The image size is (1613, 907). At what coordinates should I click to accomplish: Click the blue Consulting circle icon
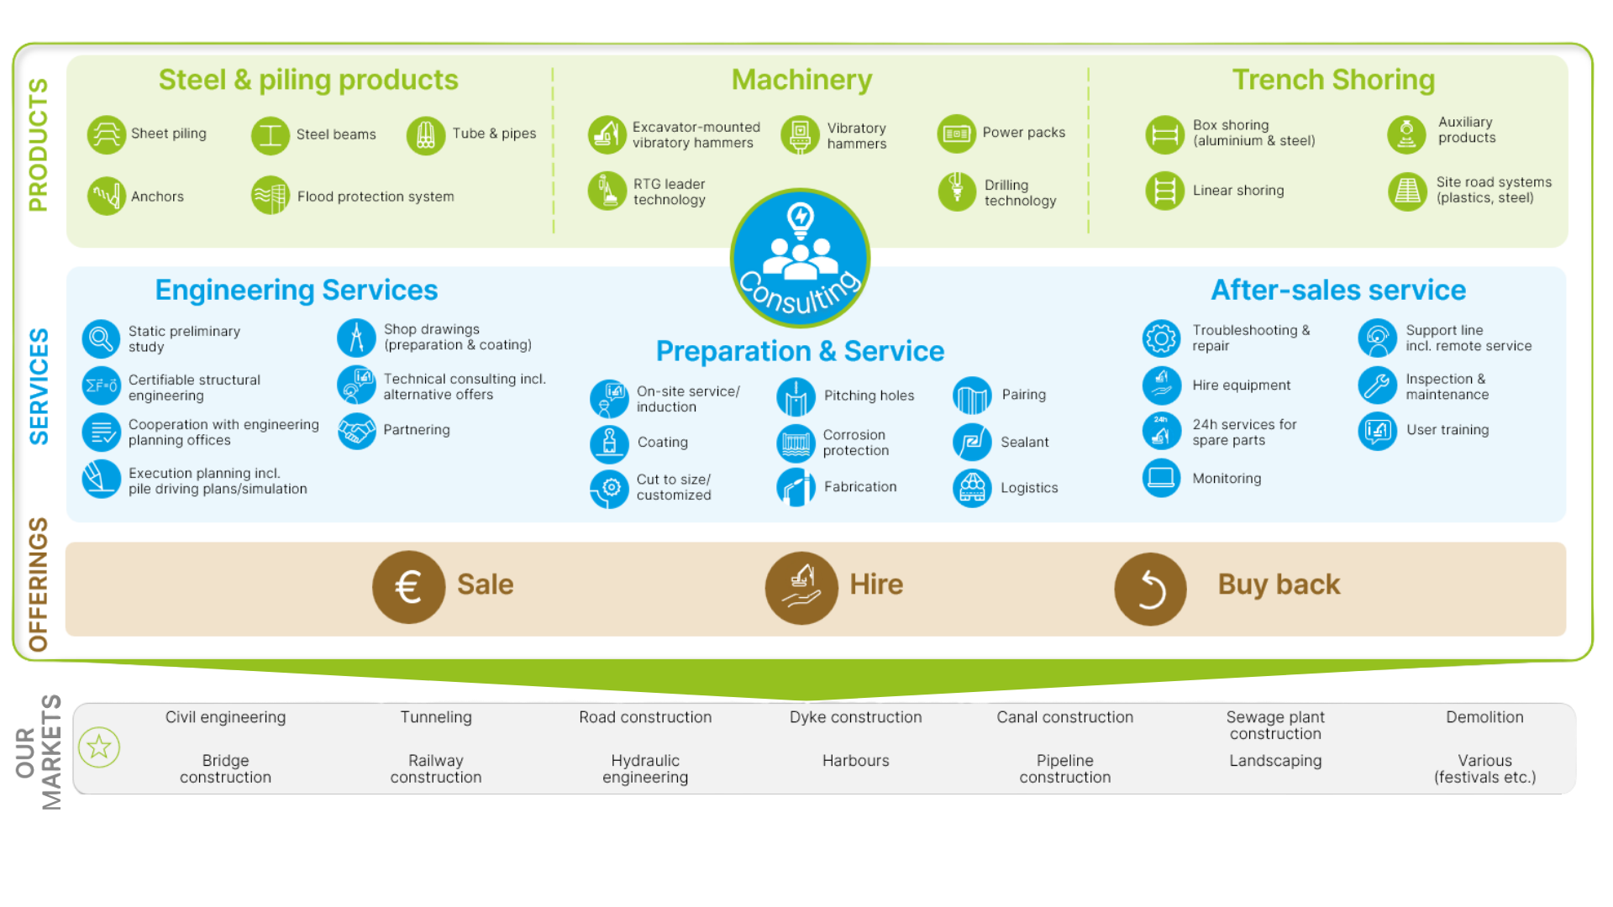coord(800,258)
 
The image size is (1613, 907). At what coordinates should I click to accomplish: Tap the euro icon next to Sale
coord(408,587)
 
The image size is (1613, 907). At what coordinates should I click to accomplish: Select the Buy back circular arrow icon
coord(1150,589)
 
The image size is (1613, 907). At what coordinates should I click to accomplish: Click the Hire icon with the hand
coord(801,587)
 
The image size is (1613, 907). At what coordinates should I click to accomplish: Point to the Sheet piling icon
coord(107,134)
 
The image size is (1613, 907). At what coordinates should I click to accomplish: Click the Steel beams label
coord(336,134)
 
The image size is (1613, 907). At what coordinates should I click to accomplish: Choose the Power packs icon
coord(956,134)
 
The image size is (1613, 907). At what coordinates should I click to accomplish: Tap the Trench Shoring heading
coord(1333,80)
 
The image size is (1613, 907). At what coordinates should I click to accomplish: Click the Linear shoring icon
coord(1164,191)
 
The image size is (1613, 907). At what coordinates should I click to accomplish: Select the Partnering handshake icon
coord(357,431)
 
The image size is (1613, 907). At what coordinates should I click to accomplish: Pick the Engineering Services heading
coord(297,290)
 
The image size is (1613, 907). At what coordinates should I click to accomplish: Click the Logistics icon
coord(972,488)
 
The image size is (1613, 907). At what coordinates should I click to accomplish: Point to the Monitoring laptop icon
coord(1161,478)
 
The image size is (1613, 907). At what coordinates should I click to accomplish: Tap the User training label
coord(1447,430)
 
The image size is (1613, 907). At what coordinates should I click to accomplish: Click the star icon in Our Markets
coord(99,747)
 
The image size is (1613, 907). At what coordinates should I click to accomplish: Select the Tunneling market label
coord(436,717)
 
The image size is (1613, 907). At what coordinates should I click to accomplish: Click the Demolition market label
coord(1484,717)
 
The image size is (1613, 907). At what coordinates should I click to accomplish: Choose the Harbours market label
coord(855,761)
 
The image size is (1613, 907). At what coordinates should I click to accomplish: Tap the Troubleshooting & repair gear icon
coord(1161,338)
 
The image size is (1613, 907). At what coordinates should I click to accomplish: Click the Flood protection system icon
coord(270,196)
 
